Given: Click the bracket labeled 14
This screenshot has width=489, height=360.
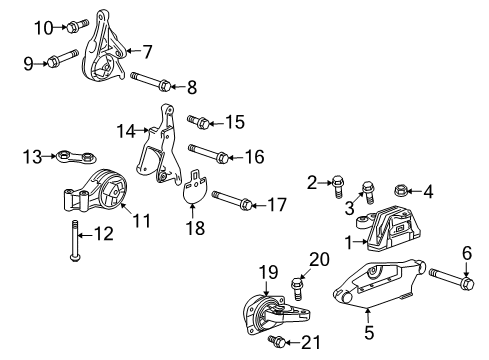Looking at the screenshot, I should click(155, 150).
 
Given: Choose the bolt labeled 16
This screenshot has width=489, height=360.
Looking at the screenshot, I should click(207, 155).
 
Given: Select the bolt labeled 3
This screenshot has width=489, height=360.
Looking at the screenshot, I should click(368, 188).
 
